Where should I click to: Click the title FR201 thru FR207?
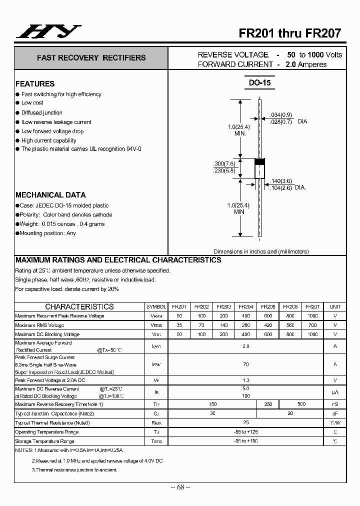289,33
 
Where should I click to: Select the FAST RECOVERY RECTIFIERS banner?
91,58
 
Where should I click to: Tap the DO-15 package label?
259,82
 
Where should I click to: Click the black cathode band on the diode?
259,161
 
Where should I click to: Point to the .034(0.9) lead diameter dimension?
280,114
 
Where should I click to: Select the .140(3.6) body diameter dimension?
281,180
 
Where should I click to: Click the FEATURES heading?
35,84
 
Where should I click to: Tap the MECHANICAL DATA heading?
50,195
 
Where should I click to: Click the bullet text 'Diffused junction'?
42,113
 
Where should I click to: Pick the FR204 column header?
245,306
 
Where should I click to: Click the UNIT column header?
335,306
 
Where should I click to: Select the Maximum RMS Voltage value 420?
267,325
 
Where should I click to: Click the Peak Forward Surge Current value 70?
245,365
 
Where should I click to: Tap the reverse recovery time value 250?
267,404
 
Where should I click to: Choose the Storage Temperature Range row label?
44,441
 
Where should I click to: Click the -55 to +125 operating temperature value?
245,432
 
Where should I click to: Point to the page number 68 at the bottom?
179,487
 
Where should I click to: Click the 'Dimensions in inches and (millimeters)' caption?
261,251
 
